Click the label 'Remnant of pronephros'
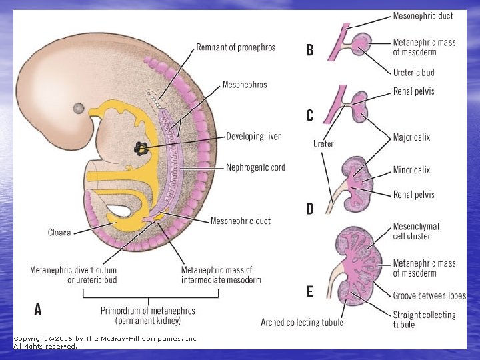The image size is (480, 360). coord(235,47)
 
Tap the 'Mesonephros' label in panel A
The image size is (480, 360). coord(244,85)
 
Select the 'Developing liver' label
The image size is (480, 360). coord(253,137)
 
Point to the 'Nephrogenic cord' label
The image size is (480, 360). coord(255,167)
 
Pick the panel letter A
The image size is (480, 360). coord(38,309)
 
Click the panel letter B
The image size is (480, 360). coord(310,49)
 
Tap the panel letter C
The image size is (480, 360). coord(310,115)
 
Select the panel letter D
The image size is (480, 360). coord(309,209)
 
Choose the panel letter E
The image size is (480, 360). coord(309,291)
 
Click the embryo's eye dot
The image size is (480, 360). coord(79,108)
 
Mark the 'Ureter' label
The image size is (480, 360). coord(323,143)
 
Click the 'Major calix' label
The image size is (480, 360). coord(411,137)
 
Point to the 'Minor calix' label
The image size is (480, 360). coord(411,170)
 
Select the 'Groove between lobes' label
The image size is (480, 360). coord(429,295)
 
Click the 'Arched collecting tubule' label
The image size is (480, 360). coord(302,323)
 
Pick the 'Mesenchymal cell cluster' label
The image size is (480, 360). coord(416,231)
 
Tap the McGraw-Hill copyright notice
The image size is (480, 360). coord(105,342)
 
